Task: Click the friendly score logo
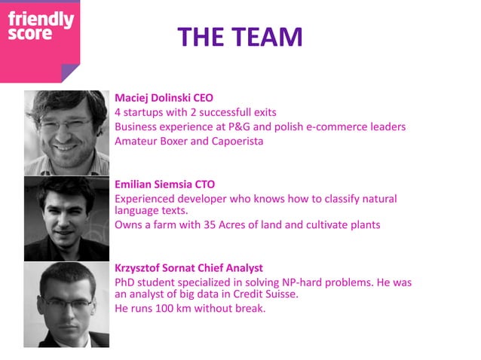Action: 41,28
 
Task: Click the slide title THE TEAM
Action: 240,36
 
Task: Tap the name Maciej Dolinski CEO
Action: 164,98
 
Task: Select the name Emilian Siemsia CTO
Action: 164,184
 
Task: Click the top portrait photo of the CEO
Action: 66,133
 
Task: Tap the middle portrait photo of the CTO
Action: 66,218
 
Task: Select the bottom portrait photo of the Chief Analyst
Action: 66,304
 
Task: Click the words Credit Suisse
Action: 263,294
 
